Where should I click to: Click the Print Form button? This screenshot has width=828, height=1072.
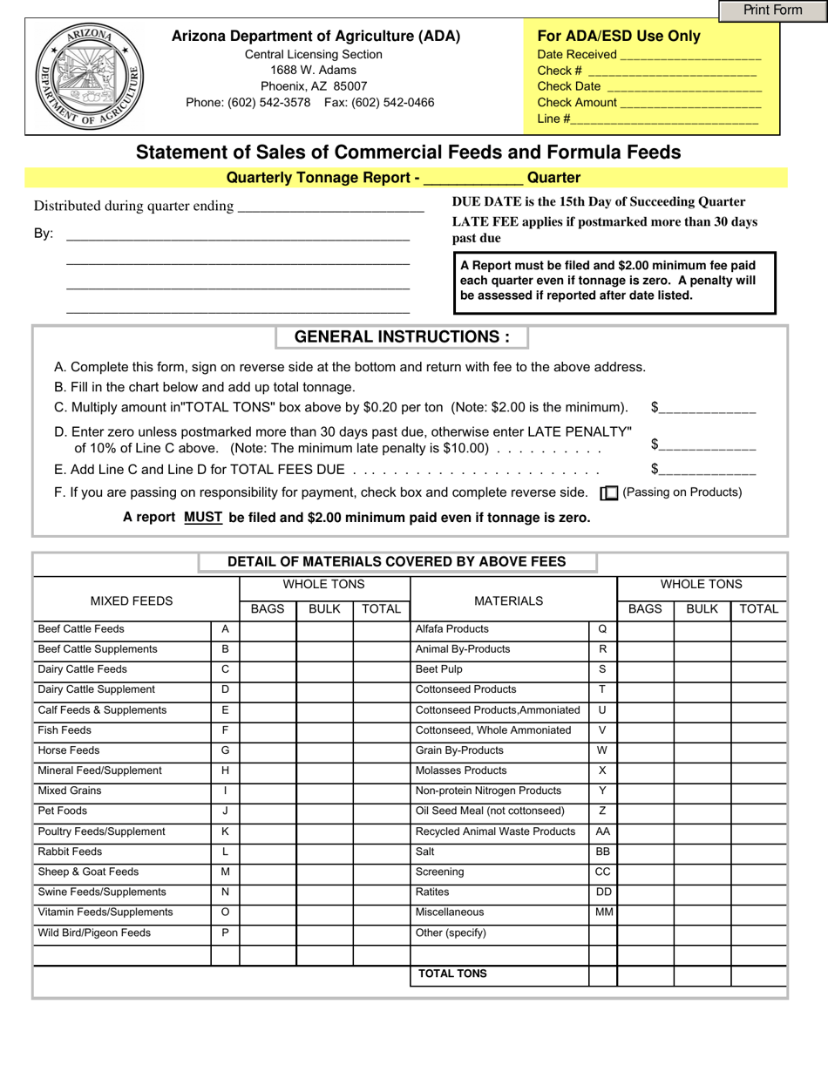pyautogui.click(x=772, y=10)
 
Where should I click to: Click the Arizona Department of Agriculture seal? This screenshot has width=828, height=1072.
pyautogui.click(x=89, y=77)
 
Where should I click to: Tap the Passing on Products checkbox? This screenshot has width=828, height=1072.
pyautogui.click(x=609, y=493)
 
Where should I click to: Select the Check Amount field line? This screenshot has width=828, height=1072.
pyautogui.click(x=690, y=104)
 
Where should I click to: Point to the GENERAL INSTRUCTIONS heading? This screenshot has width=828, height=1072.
pyautogui.click(x=402, y=337)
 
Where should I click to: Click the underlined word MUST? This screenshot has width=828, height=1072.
pyautogui.click(x=203, y=518)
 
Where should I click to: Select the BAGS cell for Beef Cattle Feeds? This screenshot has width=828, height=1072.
pyautogui.click(x=268, y=629)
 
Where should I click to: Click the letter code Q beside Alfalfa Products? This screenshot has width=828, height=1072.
pyautogui.click(x=602, y=629)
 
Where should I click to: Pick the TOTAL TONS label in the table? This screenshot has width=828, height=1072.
pyautogui.click(x=452, y=974)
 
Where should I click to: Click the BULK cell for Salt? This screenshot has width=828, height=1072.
pyautogui.click(x=702, y=851)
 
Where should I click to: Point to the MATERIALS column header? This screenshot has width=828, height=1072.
pyautogui.click(x=508, y=600)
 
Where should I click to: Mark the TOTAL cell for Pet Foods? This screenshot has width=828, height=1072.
pyautogui.click(x=381, y=811)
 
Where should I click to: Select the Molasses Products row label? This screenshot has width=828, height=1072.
pyautogui.click(x=461, y=770)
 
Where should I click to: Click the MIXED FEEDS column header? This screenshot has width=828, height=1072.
pyautogui.click(x=132, y=600)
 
